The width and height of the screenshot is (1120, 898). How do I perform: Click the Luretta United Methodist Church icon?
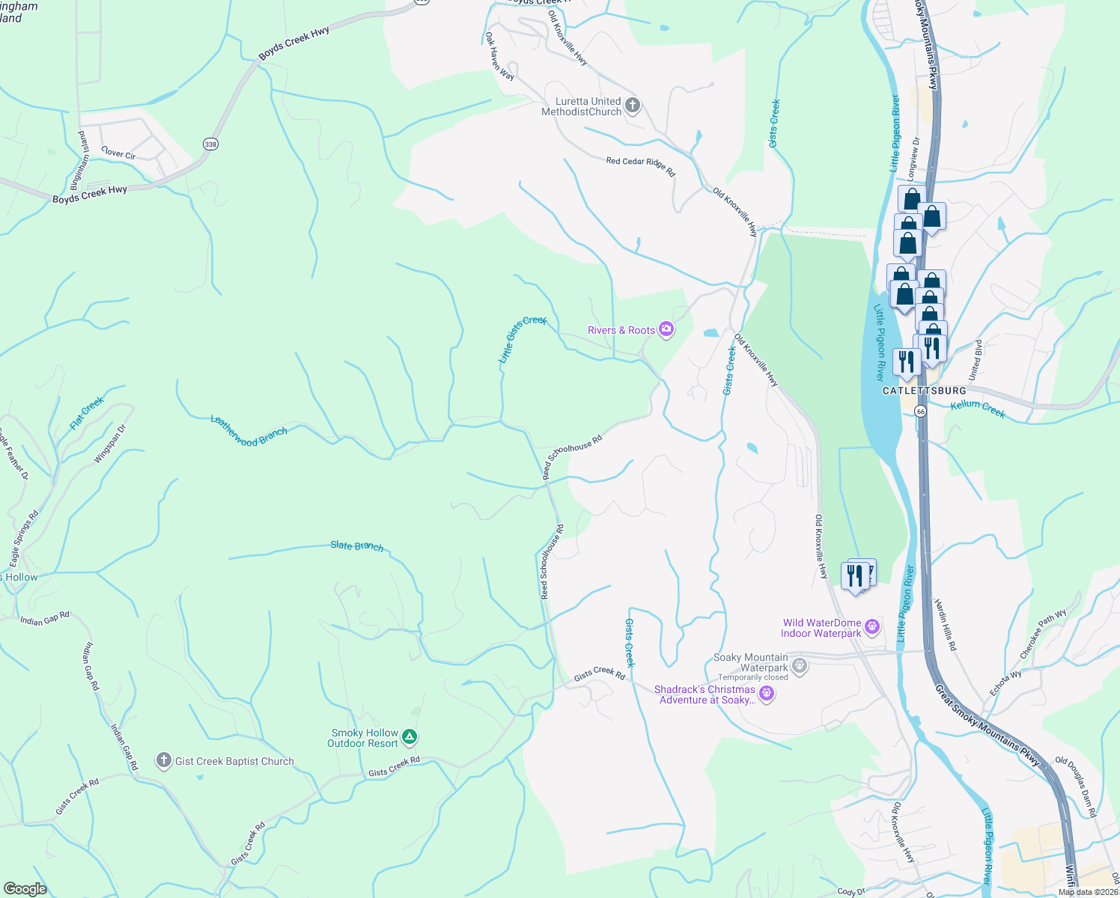(633, 106)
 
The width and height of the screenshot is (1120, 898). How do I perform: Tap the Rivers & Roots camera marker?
(666, 329)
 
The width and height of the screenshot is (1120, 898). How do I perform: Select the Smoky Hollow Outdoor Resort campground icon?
(410, 737)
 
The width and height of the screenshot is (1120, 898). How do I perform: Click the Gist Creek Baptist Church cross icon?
(163, 761)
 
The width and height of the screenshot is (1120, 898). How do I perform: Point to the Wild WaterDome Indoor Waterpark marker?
(871, 627)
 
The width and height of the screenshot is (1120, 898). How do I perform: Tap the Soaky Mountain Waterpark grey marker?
(800, 665)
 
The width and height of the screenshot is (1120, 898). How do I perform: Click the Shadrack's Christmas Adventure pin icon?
(766, 694)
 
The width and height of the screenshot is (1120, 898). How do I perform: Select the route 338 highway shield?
(210, 144)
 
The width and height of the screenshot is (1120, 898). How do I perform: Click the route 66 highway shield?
(920, 412)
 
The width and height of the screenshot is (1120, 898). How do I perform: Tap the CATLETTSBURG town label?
(924, 391)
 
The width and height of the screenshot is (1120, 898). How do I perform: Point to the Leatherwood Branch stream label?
(249, 431)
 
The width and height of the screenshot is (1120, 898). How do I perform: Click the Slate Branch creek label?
(357, 546)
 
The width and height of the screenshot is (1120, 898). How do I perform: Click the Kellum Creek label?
(978, 409)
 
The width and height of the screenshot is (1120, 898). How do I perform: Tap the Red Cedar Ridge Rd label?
(641, 166)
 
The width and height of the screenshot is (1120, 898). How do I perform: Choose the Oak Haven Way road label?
(499, 56)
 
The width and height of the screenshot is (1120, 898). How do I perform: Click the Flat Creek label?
(87, 413)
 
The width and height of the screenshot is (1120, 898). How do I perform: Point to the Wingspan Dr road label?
(111, 444)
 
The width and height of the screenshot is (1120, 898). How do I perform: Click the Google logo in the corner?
(25, 888)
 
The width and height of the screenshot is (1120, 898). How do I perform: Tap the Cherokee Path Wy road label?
(1043, 635)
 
